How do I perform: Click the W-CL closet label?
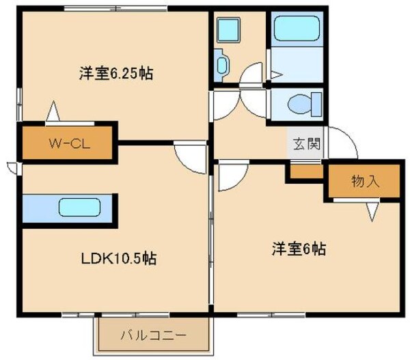point(66,143)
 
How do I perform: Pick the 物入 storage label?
point(366,181)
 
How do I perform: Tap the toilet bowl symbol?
point(301,104)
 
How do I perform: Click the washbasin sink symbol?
point(223,65)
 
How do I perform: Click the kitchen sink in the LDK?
point(79,207)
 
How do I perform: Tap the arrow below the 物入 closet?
point(372,212)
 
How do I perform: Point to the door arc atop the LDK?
point(189,156)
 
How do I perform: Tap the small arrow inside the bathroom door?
point(277,72)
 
